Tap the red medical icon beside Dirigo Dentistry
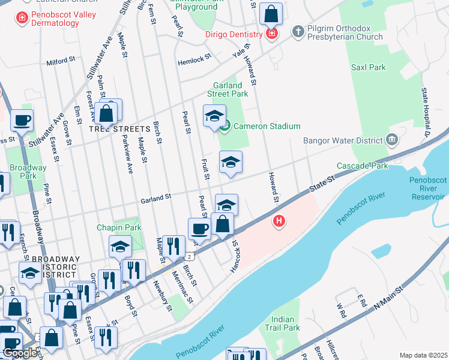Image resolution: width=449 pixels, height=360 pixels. (x=271, y=34)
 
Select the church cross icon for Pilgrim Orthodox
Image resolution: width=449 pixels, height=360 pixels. (x=297, y=31)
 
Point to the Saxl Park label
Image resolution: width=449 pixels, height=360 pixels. (x=369, y=67)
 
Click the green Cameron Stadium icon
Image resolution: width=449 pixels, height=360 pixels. (x=225, y=126)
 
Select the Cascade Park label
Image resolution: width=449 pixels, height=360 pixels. (x=357, y=165)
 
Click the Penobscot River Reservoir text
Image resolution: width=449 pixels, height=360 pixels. (x=428, y=188)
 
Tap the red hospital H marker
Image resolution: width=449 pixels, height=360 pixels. (x=279, y=222)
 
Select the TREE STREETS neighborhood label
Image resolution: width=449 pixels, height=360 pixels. (x=119, y=129)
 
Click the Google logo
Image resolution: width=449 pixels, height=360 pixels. (x=19, y=353)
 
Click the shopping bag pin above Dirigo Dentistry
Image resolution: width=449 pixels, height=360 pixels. (x=271, y=13)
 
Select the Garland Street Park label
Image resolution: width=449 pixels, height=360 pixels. (x=228, y=89)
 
